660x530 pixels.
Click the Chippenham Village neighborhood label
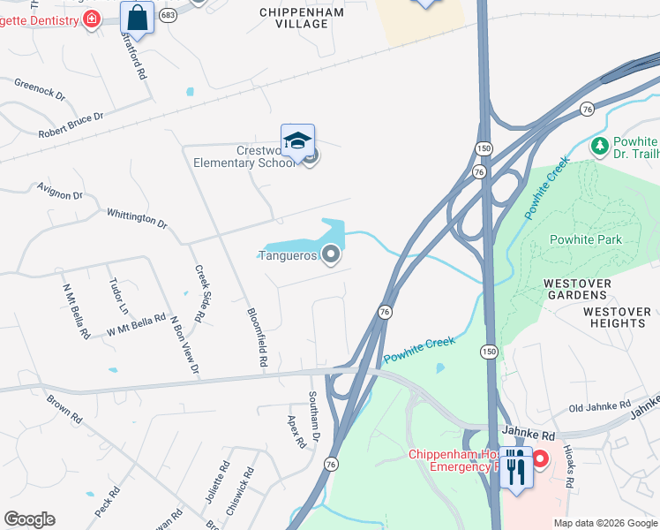click(294, 18)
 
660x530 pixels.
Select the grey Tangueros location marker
click(331, 255)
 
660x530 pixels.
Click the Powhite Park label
click(585, 239)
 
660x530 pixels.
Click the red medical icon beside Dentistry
click(91, 19)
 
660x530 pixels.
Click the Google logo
click(29, 519)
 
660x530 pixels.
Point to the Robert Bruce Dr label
click(71, 125)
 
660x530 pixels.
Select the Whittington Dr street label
click(137, 218)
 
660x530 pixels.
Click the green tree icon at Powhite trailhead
click(599, 146)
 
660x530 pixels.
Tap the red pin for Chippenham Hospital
click(539, 458)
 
